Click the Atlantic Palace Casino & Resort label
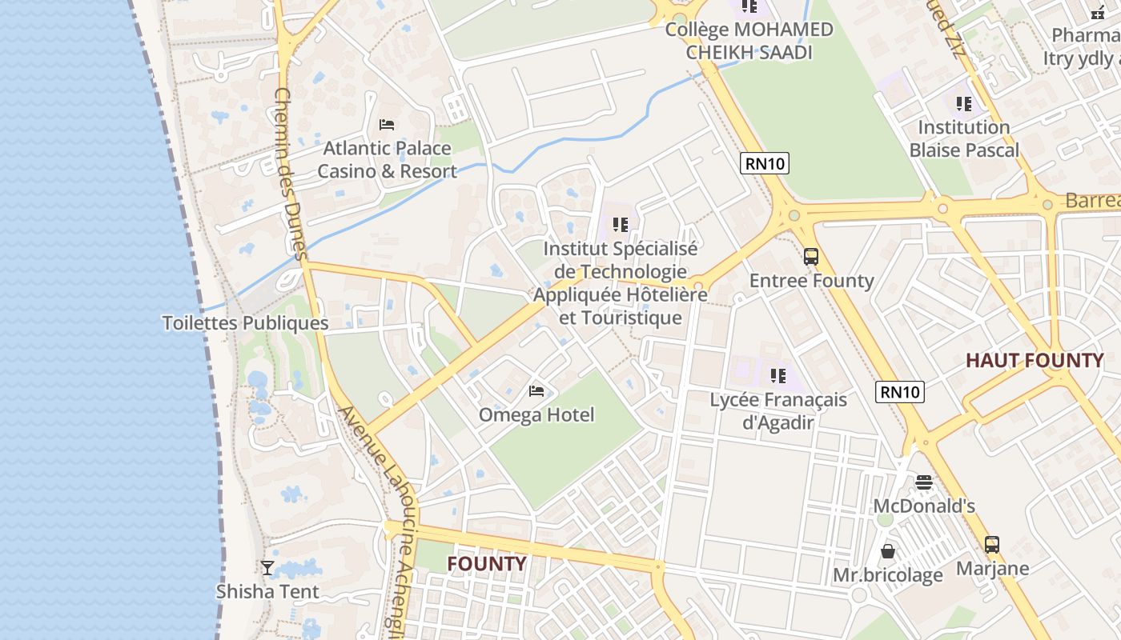(x=387, y=160)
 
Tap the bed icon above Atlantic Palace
(x=387, y=125)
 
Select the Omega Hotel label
(x=536, y=415)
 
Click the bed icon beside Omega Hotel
(x=536, y=391)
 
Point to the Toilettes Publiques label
(x=245, y=323)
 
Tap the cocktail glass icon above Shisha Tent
(x=267, y=568)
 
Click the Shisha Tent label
(x=267, y=592)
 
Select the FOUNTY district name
(x=486, y=564)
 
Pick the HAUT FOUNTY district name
(x=1035, y=361)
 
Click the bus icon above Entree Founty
(x=811, y=257)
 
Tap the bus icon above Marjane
(x=992, y=545)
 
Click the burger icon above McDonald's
(x=924, y=482)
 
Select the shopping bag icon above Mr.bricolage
(x=888, y=551)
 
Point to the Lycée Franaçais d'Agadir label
(x=778, y=411)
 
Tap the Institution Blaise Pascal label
(x=964, y=139)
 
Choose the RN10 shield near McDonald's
(x=901, y=392)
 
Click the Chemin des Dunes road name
(x=290, y=174)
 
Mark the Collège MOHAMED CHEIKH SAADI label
(x=749, y=42)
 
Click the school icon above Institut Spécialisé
(x=621, y=225)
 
